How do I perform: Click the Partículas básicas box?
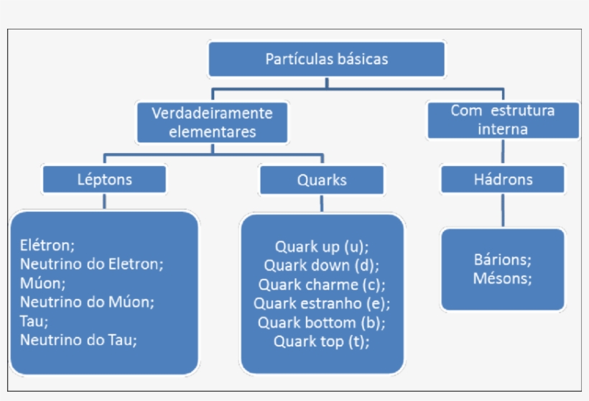(x=327, y=59)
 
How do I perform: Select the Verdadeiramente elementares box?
(x=212, y=122)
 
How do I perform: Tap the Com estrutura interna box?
(x=503, y=120)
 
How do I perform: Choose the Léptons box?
(x=104, y=179)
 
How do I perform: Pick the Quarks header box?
(x=322, y=180)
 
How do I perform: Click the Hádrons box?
(x=503, y=179)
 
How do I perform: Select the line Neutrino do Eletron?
(x=92, y=263)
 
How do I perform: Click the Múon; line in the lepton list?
(x=43, y=282)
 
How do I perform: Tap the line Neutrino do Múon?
(x=87, y=301)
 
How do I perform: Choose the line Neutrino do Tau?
(x=78, y=339)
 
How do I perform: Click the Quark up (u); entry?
(x=322, y=246)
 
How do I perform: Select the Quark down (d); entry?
(x=322, y=265)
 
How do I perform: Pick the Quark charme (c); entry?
(x=322, y=285)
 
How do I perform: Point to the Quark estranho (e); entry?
(x=322, y=303)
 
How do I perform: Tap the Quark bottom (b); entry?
(x=322, y=322)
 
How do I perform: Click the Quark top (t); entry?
(x=322, y=341)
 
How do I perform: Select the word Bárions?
(x=503, y=259)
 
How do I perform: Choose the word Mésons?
(x=503, y=278)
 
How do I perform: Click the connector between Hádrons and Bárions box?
(x=503, y=211)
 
